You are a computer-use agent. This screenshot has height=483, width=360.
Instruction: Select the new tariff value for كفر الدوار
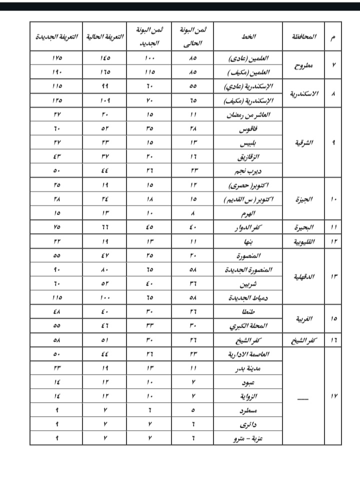coord(56,227)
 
